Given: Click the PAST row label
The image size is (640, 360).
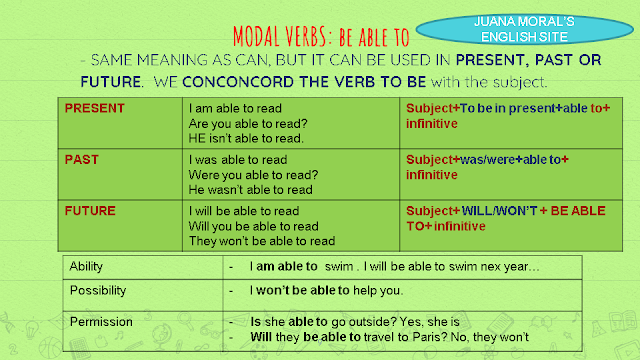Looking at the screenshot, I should click(83, 158).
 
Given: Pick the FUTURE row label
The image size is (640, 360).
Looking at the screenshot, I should click(91, 211).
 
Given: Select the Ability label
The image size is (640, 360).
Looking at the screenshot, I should click(86, 267).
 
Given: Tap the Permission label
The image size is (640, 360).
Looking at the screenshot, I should click(100, 321).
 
